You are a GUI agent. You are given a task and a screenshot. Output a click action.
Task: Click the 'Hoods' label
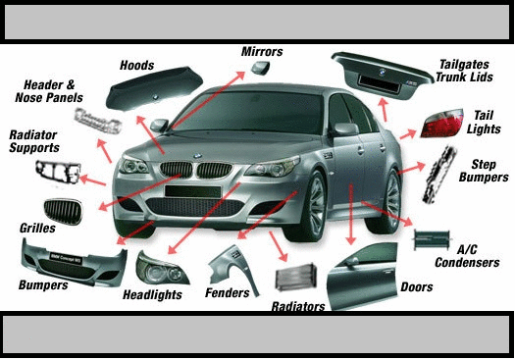click(x=136, y=65)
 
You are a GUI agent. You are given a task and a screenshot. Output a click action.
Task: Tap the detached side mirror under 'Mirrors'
click(x=261, y=68)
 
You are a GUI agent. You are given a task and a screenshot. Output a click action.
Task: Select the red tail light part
click(x=441, y=123)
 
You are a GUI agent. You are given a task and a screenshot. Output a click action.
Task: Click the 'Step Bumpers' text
click(x=484, y=171)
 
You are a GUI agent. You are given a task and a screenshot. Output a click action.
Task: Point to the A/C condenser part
click(x=432, y=239)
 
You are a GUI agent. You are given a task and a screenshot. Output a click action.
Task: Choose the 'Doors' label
click(x=417, y=286)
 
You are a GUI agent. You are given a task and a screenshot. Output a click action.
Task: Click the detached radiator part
click(x=296, y=277)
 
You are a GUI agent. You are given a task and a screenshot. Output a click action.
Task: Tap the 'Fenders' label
click(x=228, y=292)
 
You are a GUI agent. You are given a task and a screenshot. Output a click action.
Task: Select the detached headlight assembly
click(x=162, y=269)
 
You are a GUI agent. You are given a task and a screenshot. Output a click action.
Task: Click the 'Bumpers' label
click(x=43, y=284)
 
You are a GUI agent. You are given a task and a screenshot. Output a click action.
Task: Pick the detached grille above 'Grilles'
click(x=63, y=212)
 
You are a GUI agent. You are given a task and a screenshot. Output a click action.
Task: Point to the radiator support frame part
click(x=58, y=172)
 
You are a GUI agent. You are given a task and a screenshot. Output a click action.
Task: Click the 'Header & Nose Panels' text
click(x=49, y=91)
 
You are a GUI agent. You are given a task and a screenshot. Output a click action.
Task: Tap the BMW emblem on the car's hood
click(x=197, y=156)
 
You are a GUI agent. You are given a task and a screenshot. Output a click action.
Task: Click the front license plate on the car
click(x=192, y=191)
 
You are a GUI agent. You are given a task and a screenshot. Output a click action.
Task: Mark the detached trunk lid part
click(x=382, y=75)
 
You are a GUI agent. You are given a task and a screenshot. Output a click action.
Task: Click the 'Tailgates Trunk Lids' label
click(x=464, y=71)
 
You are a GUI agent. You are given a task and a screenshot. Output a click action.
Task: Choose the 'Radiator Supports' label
click(x=33, y=141)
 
